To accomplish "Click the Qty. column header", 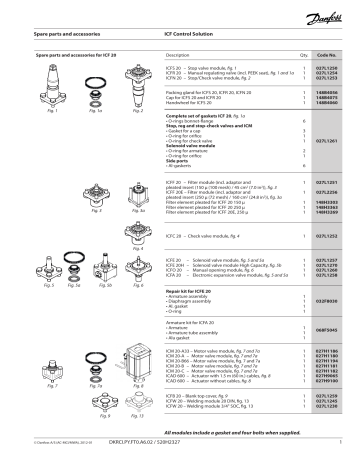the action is [302, 48].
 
